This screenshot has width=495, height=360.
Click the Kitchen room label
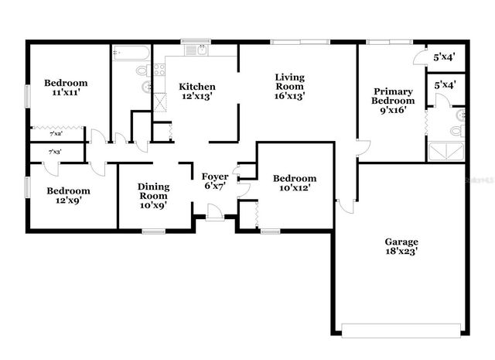tap(197, 86)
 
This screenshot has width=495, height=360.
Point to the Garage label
tap(401, 242)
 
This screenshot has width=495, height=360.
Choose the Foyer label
tap(215, 177)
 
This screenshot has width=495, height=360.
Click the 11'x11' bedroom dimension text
tap(66, 93)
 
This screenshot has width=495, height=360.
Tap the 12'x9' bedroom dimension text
tap(68, 201)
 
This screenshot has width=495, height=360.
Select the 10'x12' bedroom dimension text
tap(295, 189)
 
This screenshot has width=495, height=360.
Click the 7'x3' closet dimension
tap(56, 153)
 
